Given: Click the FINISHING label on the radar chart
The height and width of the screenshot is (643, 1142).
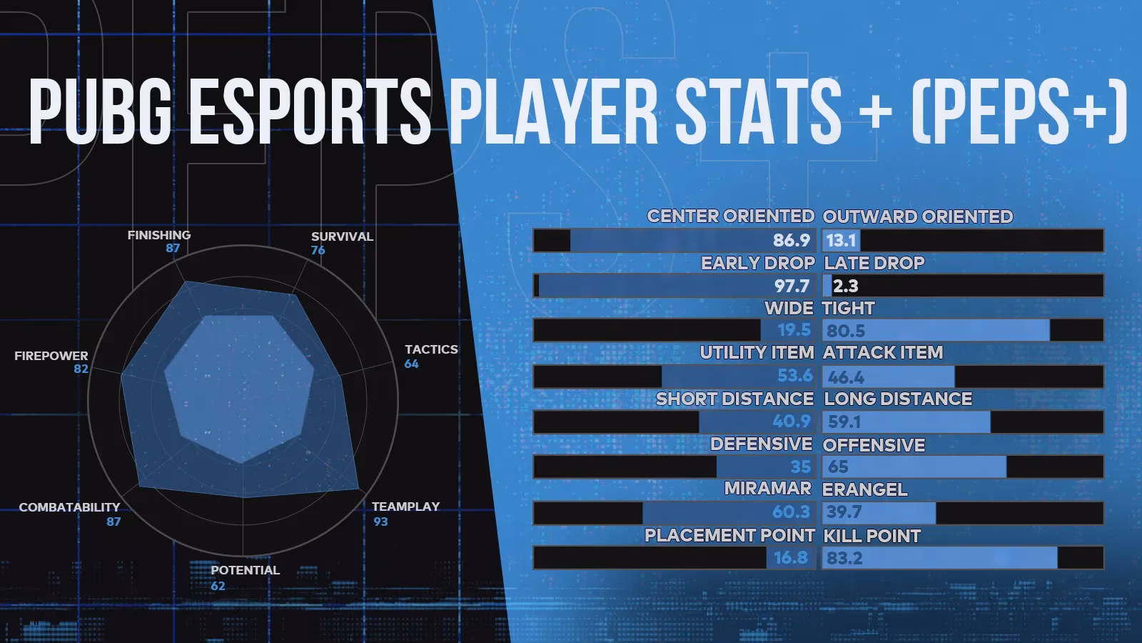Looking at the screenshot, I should coord(158,235).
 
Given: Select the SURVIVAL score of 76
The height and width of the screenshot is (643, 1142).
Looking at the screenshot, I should coord(318,250).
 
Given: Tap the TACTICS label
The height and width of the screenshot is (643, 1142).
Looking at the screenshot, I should coord(431,349).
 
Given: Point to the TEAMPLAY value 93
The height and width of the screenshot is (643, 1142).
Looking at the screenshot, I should coord(380,522).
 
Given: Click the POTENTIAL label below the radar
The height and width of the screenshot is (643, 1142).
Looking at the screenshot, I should coord(245,570).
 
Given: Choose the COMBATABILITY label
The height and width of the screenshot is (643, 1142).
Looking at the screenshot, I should coord(69,507).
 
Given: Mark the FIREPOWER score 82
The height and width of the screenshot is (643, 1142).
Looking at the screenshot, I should coord(81,369).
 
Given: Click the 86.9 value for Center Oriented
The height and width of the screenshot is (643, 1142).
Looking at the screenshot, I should coord(792,241).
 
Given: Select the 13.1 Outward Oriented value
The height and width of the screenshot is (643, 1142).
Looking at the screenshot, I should coord(841,241).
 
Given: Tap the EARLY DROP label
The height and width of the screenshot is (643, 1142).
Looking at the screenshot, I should coord(757,263).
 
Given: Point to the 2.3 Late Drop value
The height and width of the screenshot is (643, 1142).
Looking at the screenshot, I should coord(845,286).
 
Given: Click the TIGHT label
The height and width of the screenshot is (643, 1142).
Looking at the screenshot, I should coord(848,308).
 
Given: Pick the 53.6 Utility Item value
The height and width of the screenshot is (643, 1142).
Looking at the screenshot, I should coord(794,376).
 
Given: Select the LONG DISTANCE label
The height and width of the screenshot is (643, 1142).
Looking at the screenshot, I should coord(898,399).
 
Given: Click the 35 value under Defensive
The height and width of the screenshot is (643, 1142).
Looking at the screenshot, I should coord(800,467).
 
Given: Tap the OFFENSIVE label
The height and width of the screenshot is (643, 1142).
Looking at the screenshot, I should coord(874,445).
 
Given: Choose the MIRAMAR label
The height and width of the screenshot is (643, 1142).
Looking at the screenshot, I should coord(767,489).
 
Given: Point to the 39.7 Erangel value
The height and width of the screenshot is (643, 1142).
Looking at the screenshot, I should coord(844,512).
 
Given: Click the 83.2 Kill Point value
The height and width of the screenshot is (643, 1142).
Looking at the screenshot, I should coord(844,558).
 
